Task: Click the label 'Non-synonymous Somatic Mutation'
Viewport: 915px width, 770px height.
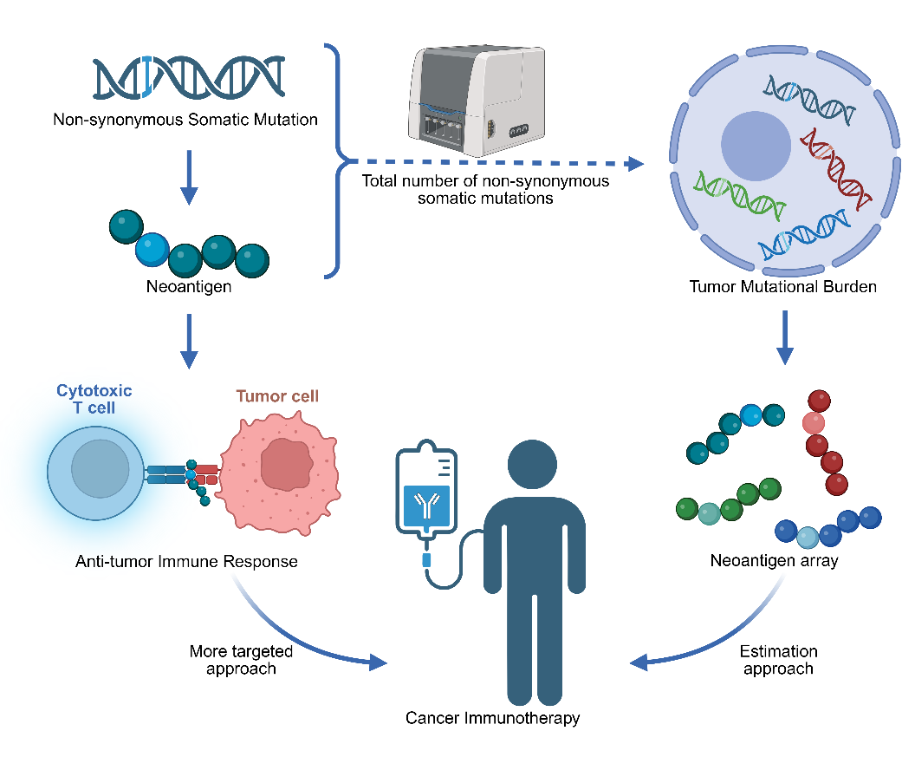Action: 185,120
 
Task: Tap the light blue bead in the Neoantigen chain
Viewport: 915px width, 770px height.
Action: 152,251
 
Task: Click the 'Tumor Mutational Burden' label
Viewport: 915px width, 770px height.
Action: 783,286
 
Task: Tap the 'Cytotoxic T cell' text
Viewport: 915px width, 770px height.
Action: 94,400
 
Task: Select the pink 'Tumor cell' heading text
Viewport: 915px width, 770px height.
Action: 277,396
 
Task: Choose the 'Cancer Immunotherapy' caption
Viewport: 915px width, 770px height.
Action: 493,718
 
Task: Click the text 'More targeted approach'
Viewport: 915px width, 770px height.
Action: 241,660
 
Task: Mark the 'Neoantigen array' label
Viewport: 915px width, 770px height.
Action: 774,560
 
